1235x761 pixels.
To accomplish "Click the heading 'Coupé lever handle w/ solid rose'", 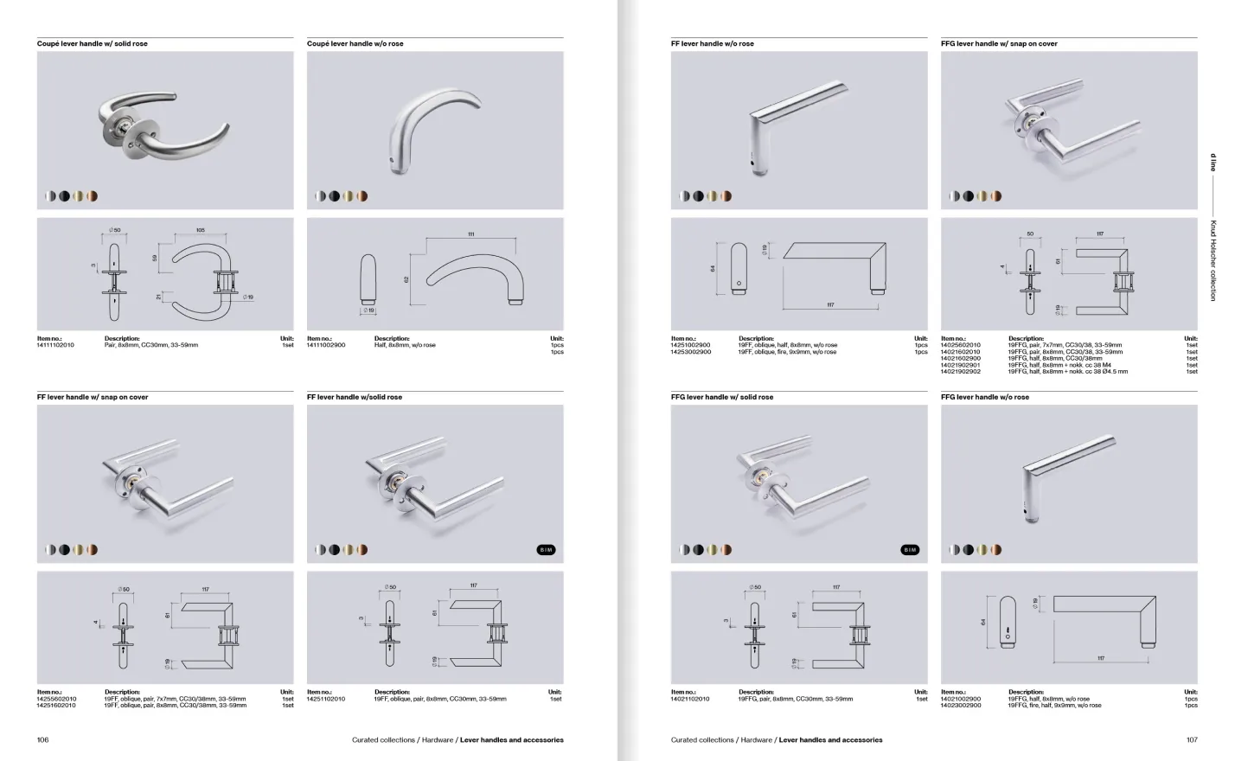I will (x=92, y=43).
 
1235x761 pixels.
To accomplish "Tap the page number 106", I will (x=43, y=740).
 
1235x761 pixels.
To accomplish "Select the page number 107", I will (x=1192, y=740).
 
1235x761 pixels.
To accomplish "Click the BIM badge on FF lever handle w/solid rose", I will (x=546, y=550).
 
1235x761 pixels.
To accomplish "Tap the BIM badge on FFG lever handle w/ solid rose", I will (x=910, y=550).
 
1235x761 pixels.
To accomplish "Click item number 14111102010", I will (x=56, y=345).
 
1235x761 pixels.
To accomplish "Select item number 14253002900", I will (x=691, y=352).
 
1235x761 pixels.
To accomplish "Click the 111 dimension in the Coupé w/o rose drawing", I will (x=471, y=234).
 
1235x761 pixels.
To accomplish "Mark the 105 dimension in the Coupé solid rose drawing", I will (x=200, y=231).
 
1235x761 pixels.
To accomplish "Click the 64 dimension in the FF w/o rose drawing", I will (x=713, y=269).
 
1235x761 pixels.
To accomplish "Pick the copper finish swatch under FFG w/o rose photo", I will (x=996, y=550).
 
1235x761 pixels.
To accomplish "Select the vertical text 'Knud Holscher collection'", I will (x=1213, y=259).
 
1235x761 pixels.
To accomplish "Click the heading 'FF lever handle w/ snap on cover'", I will (x=93, y=397).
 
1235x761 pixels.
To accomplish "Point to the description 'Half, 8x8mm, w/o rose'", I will (x=405, y=345).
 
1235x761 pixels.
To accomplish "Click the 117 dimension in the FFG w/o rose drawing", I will (x=1100, y=658).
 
